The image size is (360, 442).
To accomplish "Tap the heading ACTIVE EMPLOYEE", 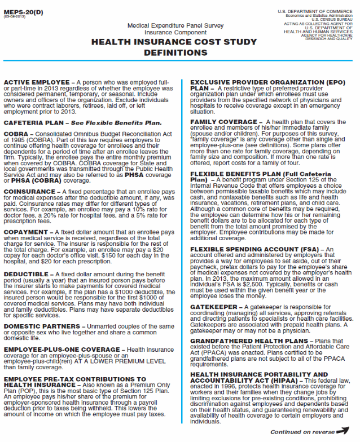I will [x=37, y=82].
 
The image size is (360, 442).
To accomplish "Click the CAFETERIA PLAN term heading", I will [x=38, y=122].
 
